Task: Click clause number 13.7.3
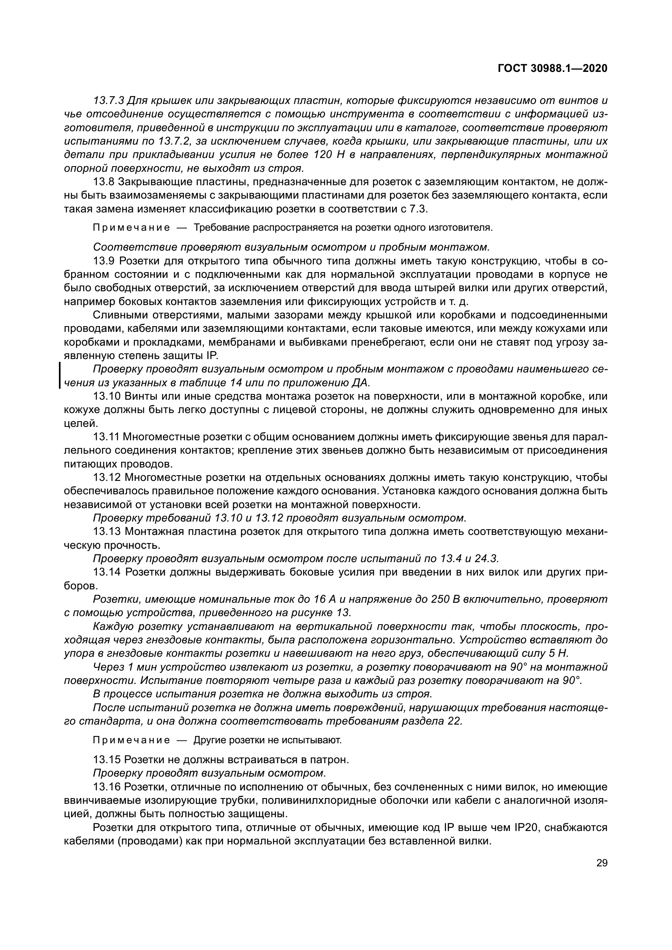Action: click(x=108, y=101)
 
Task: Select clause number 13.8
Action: click(x=104, y=182)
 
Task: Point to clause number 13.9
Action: click(x=104, y=261)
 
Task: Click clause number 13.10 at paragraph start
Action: click(x=106, y=396)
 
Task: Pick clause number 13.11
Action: click(x=106, y=437)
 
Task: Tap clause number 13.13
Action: click(x=106, y=531)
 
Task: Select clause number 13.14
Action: click(x=106, y=572)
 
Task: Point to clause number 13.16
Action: click(x=106, y=787)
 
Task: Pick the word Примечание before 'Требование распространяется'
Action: click(x=131, y=228)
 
